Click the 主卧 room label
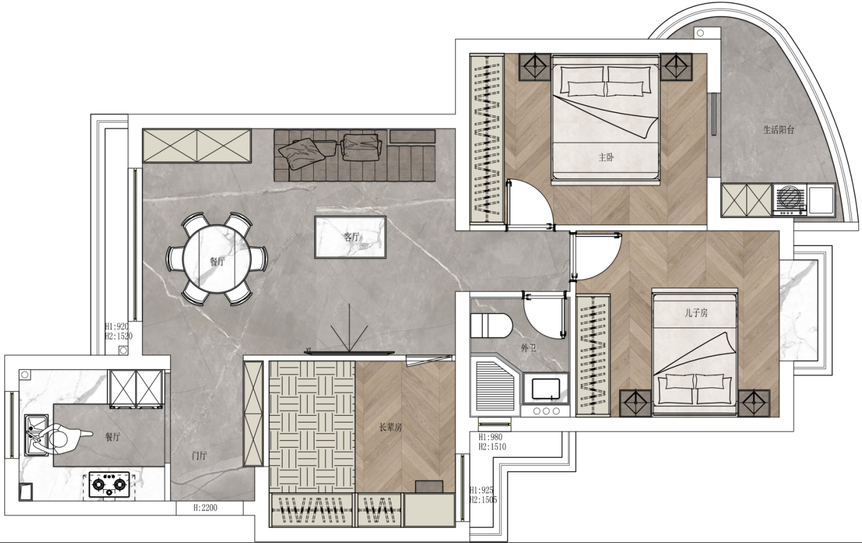pyautogui.click(x=606, y=157)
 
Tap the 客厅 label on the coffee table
pyautogui.click(x=351, y=237)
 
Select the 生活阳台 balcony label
pyautogui.click(x=779, y=130)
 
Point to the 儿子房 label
pyautogui.click(x=696, y=313)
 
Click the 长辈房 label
pyautogui.click(x=390, y=427)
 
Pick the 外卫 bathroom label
pyautogui.click(x=529, y=348)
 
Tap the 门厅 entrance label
pyautogui.click(x=199, y=455)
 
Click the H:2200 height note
pyautogui.click(x=205, y=507)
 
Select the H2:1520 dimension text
pyautogui.click(x=119, y=336)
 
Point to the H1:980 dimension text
pyautogui.click(x=490, y=437)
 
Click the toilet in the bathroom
pyautogui.click(x=491, y=326)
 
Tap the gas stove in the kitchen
pyautogui.click(x=110, y=484)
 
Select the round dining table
pyautogui.click(x=217, y=259)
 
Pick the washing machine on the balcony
pyautogui.click(x=790, y=200)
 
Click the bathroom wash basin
pyautogui.click(x=546, y=389)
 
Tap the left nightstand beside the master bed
pyautogui.click(x=535, y=67)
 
